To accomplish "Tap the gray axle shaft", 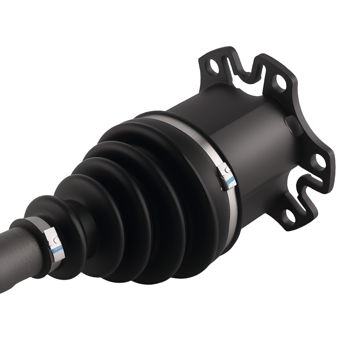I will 18,252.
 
